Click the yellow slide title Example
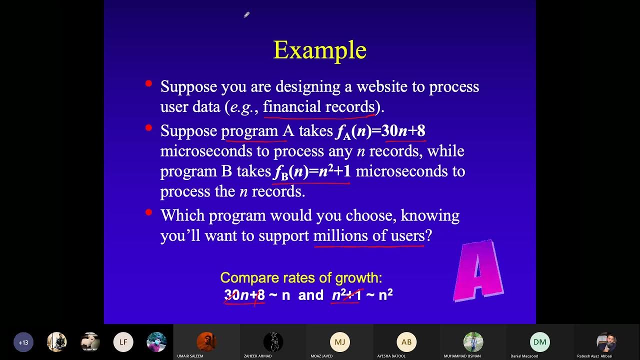pyautogui.click(x=320, y=50)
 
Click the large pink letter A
pyautogui.click(x=478, y=271)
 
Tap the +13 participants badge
pyautogui.click(x=23, y=342)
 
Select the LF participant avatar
pyautogui.click(x=123, y=342)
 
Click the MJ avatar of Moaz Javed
pyautogui.click(x=340, y=342)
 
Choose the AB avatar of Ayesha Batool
pyautogui.click(x=406, y=342)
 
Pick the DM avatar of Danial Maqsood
pyautogui.click(x=539, y=342)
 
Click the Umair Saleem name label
pyautogui.click(x=190, y=356)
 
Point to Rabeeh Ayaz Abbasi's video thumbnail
pyautogui.click(x=606, y=342)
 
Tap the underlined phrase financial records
pyautogui.click(x=319, y=107)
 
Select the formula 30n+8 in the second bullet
pyautogui.click(x=403, y=131)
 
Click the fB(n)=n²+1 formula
pyautogui.click(x=312, y=171)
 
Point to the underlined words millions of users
pyautogui.click(x=369, y=235)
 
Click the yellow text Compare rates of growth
pyautogui.click(x=301, y=278)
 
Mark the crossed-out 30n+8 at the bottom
pyautogui.click(x=244, y=295)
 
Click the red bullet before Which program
pyautogui.click(x=148, y=212)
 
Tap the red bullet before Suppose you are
pyautogui.click(x=148, y=83)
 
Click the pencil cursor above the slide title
pyautogui.click(x=246, y=15)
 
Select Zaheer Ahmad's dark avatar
pyautogui.click(x=273, y=342)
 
